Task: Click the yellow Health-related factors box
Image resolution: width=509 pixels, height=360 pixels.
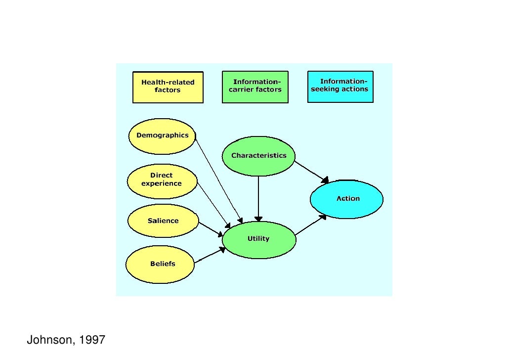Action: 168,87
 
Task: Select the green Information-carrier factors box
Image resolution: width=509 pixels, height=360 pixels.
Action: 255,87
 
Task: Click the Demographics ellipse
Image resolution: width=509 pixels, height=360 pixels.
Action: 162,136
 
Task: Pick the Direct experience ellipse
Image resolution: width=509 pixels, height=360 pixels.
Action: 162,180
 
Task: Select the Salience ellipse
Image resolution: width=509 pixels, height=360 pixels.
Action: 163,221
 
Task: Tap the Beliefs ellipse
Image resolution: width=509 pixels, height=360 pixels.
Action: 160,264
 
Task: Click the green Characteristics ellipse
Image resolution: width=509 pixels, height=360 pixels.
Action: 258,156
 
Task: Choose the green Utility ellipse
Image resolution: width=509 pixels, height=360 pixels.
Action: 259,239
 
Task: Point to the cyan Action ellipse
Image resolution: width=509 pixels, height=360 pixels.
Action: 347,199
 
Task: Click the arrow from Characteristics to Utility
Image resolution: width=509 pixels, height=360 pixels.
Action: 258,198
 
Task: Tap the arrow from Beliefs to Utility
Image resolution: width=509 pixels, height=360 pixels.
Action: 210,256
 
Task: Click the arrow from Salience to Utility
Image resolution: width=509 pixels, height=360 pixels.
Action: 211,229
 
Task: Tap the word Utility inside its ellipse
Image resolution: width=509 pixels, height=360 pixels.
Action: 258,239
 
